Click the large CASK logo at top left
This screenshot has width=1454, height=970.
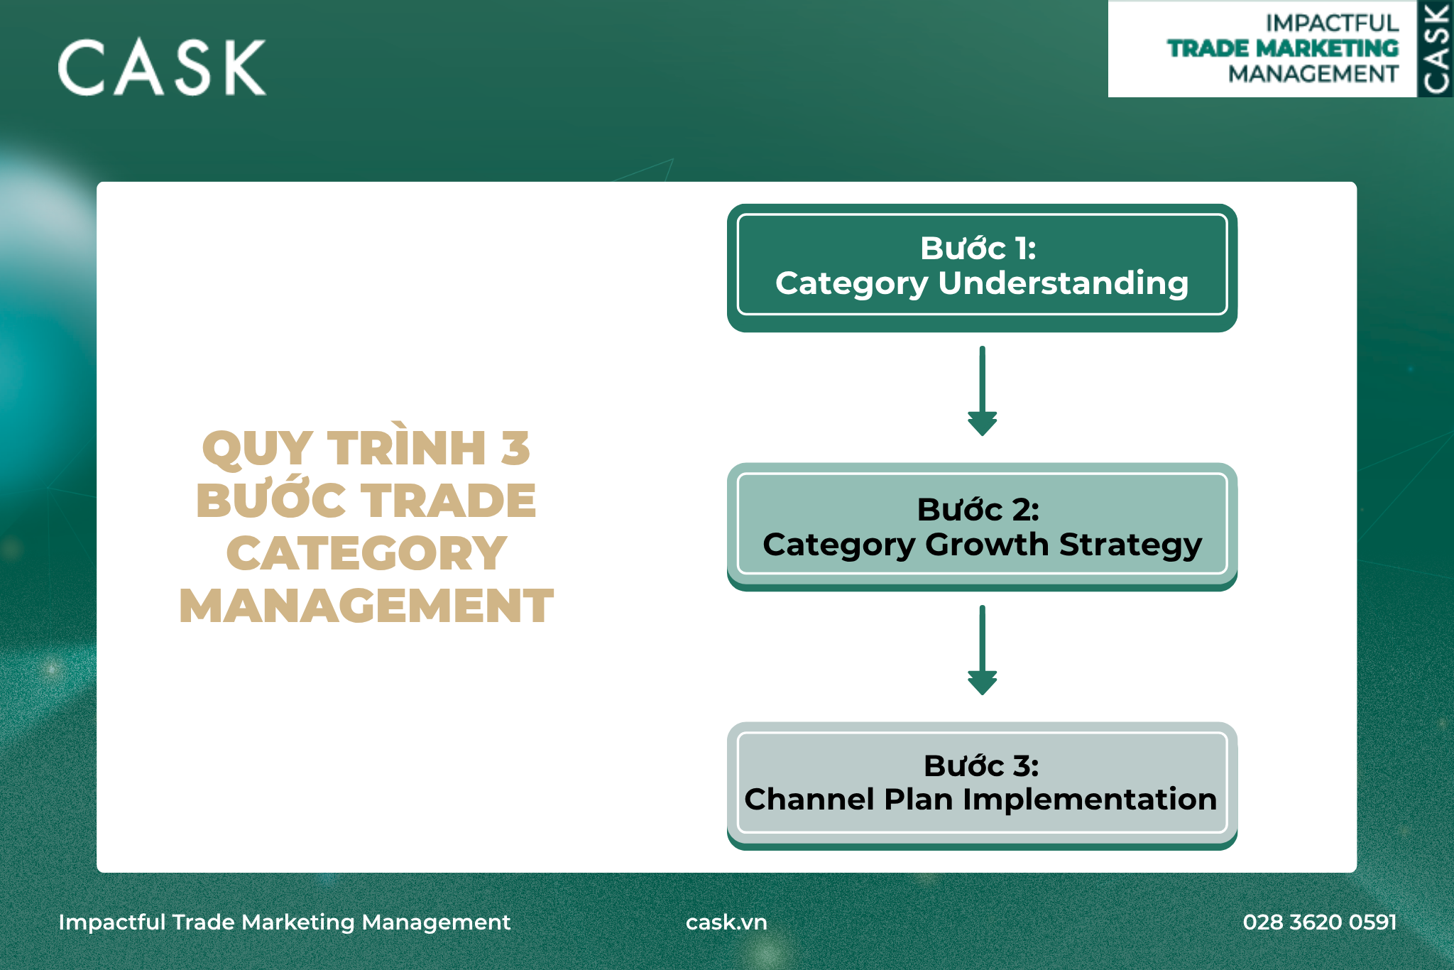(162, 67)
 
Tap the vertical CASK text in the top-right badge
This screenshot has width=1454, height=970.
(1436, 48)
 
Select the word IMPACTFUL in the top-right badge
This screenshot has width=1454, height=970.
(1332, 23)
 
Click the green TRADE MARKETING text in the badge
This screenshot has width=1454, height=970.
(1283, 48)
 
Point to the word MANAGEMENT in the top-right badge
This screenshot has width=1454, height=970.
(1313, 74)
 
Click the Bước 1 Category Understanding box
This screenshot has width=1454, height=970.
(982, 268)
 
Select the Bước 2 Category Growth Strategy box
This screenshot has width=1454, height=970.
(982, 527)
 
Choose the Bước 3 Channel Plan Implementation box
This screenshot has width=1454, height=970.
(982, 786)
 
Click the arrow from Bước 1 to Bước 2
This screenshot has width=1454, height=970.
(982, 391)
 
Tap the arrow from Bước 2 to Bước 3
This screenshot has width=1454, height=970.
(982, 650)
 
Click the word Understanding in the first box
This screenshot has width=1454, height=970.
(1063, 284)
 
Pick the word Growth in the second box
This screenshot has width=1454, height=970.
(987, 545)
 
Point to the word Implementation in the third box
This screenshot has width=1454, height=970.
(1090, 800)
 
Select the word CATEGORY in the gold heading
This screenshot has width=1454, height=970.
(366, 553)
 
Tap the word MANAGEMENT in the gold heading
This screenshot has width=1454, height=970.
(366, 606)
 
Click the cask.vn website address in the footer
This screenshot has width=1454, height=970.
(726, 922)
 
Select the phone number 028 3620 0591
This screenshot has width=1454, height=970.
(1320, 922)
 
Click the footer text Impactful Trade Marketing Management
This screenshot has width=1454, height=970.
(284, 922)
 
